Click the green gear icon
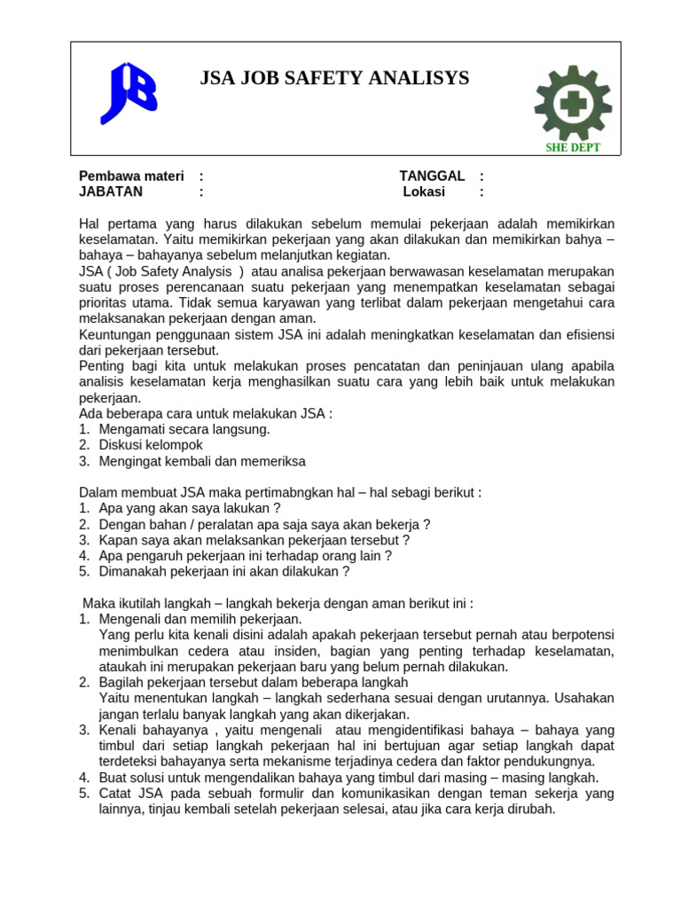click(x=572, y=103)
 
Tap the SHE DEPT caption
click(x=573, y=147)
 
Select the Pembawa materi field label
click(x=130, y=176)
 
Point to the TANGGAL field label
click(x=432, y=176)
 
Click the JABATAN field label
click(x=111, y=192)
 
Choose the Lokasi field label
click(x=424, y=192)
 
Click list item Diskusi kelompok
click(x=151, y=445)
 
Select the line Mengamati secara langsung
click(x=184, y=429)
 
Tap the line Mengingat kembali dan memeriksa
click(x=202, y=461)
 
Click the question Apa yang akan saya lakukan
click(x=190, y=508)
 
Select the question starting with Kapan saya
click(x=254, y=540)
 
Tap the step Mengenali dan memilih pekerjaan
click(x=200, y=619)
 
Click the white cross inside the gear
click(x=572, y=104)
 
